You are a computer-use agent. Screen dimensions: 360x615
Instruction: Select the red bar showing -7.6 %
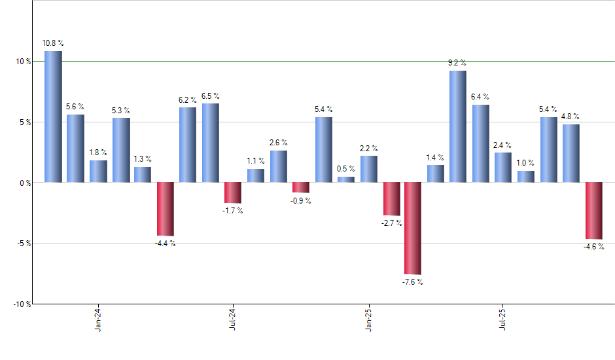coord(413,228)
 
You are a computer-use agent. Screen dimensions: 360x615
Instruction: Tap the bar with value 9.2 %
coord(458,126)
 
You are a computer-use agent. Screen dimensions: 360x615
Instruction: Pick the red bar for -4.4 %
coord(165,209)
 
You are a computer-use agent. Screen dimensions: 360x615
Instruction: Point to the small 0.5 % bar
coord(346,179)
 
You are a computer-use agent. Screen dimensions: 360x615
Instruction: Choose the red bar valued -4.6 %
coord(593,210)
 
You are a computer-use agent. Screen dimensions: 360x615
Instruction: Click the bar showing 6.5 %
coord(211,143)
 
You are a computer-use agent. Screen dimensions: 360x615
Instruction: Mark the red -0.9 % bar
coord(300,187)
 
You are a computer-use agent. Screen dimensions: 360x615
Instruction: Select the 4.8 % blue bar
coord(571,153)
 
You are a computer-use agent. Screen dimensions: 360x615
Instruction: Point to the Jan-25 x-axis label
coord(368,321)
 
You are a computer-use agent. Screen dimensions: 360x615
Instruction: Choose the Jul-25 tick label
coord(503,321)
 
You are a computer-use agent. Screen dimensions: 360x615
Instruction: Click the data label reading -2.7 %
coord(391,223)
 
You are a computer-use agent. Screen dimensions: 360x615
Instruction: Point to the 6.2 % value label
coord(188,100)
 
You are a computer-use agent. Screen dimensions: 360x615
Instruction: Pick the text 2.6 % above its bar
coord(278,143)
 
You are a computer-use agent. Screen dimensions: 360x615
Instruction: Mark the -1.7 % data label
coord(233,211)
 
